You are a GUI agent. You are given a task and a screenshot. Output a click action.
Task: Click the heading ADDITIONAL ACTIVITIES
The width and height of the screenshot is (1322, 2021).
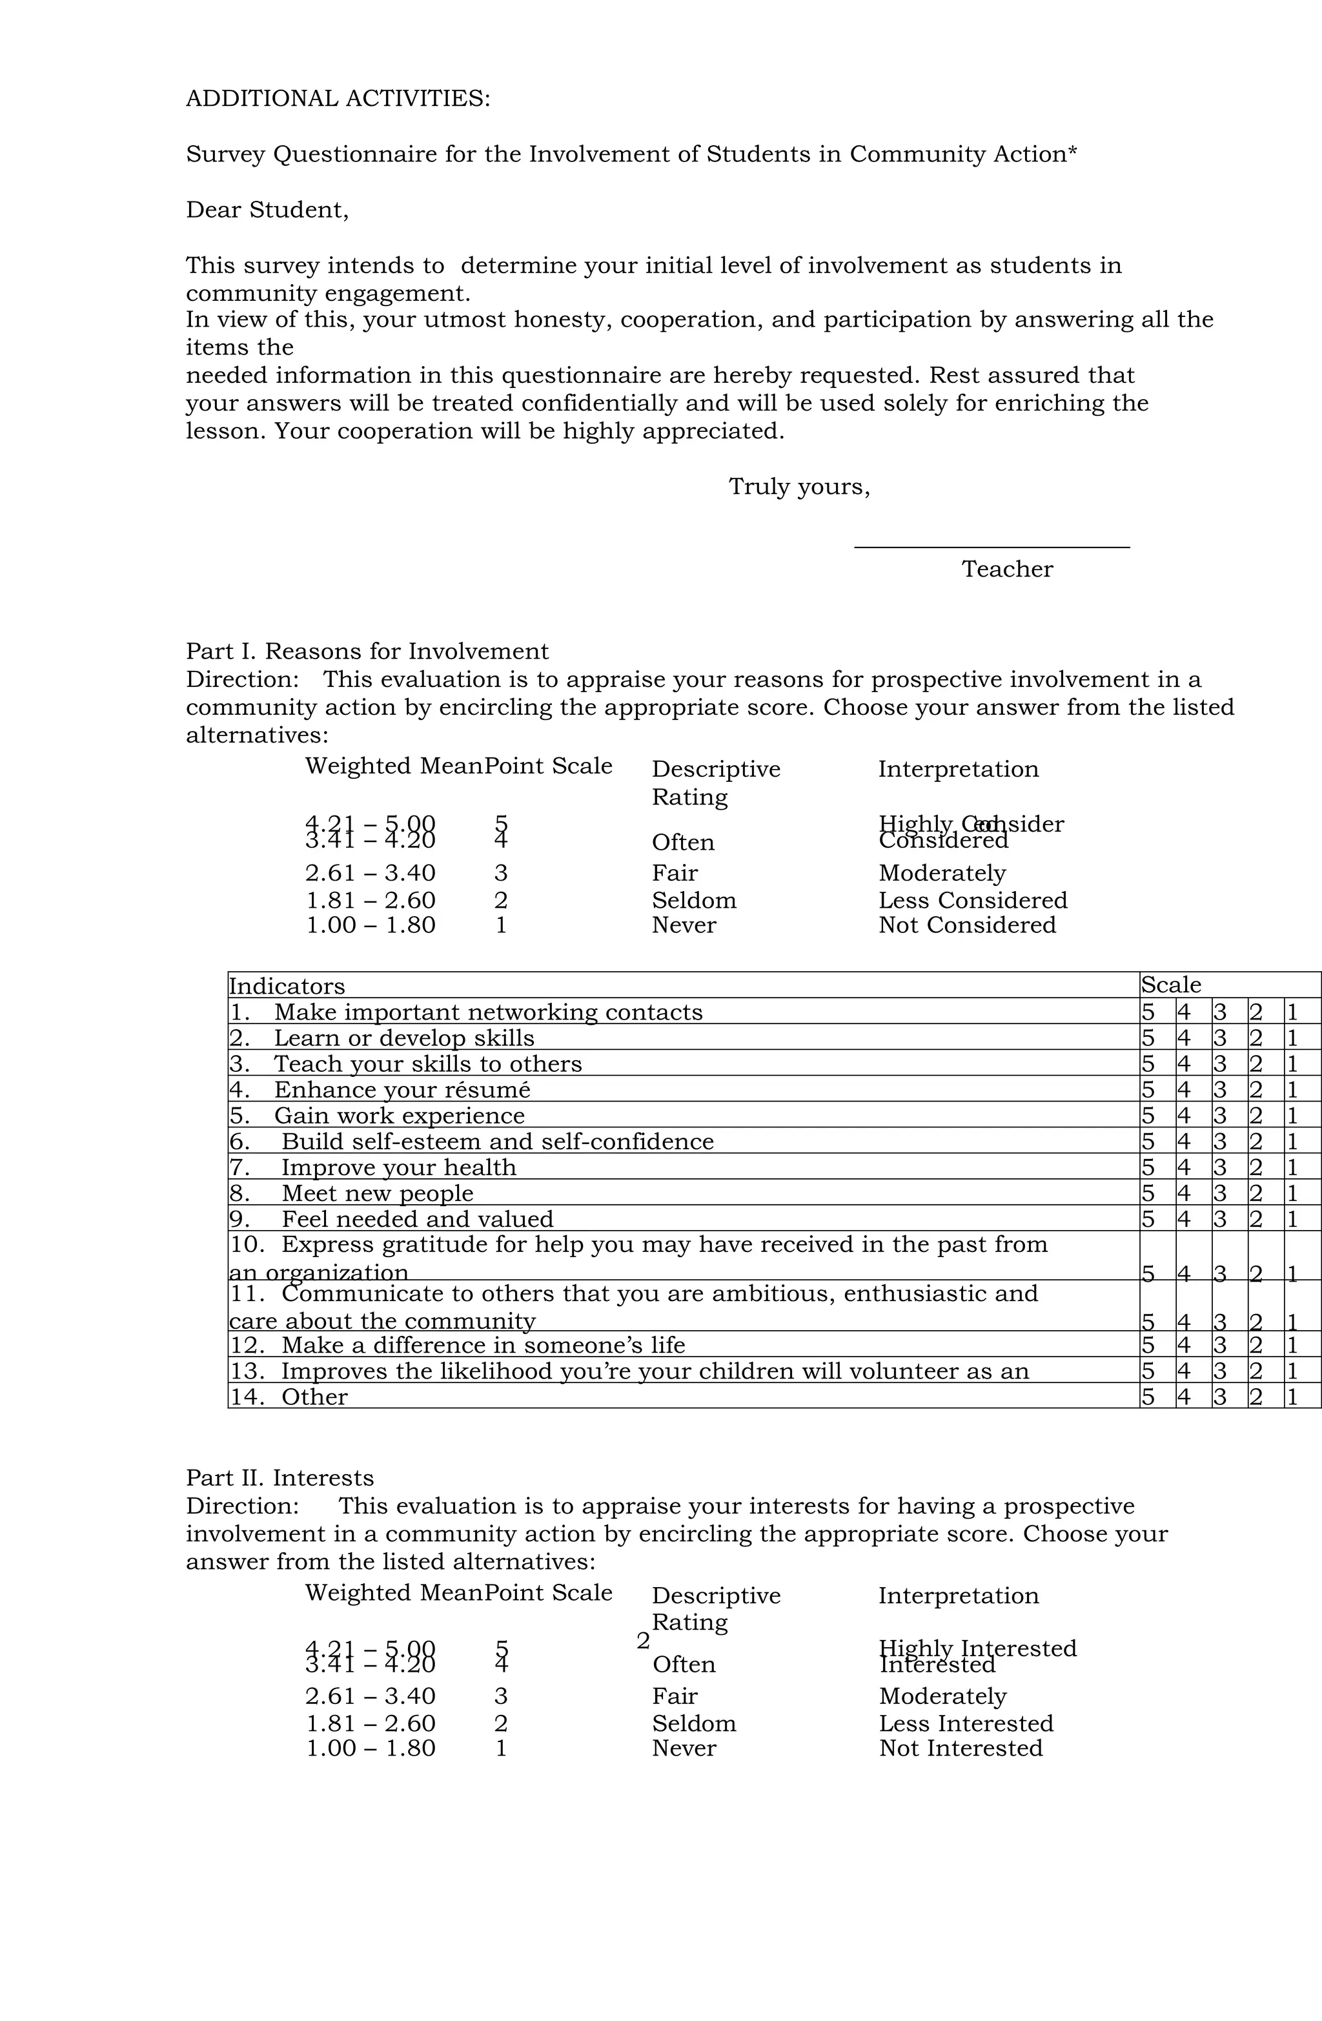[x=337, y=99]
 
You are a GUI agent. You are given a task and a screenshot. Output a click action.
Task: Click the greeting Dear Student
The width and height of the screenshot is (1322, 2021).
[x=267, y=210]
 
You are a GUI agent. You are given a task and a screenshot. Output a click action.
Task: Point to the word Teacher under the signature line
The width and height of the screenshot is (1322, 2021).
[x=1006, y=569]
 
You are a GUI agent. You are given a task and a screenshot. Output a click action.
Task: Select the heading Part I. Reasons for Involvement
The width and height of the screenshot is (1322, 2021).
[x=367, y=651]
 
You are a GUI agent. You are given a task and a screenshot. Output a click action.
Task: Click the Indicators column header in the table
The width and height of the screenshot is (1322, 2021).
[x=287, y=986]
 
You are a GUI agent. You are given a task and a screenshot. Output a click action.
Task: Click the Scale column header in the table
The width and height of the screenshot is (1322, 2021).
[x=1170, y=985]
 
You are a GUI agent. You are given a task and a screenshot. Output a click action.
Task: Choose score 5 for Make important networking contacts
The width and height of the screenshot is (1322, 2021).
[x=1147, y=1012]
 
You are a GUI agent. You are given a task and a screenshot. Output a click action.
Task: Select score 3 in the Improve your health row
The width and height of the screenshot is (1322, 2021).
[x=1219, y=1167]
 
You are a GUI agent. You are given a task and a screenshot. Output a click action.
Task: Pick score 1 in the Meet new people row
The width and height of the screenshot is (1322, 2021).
[x=1292, y=1193]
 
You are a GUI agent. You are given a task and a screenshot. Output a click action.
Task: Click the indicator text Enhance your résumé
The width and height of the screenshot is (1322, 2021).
[x=401, y=1089]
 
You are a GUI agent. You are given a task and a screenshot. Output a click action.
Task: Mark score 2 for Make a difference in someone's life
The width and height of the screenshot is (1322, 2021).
[x=1255, y=1345]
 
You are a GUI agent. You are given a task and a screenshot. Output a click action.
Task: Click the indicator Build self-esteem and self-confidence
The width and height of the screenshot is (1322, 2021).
[x=496, y=1142]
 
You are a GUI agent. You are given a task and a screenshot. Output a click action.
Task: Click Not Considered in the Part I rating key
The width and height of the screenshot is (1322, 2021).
[x=966, y=925]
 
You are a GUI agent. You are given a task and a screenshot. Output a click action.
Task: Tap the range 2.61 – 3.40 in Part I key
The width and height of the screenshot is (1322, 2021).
[x=370, y=873]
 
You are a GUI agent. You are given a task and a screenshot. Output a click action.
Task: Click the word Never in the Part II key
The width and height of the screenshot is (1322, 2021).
[x=684, y=1748]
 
